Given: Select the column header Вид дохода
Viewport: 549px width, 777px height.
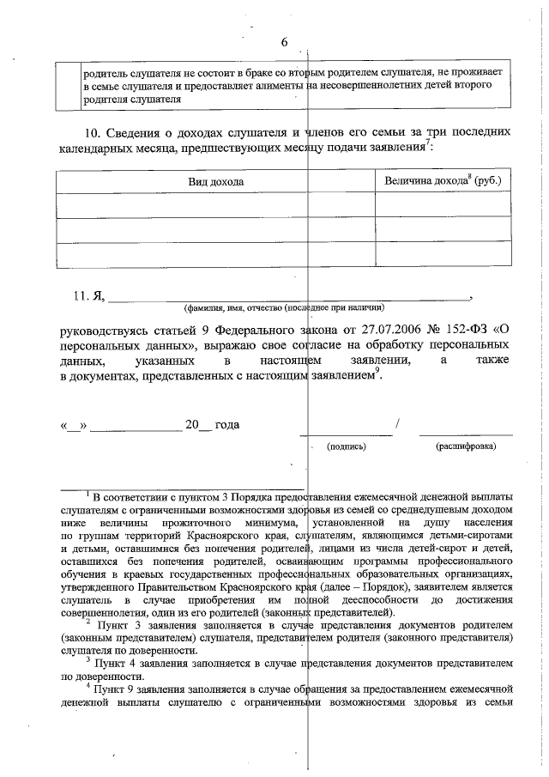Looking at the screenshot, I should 216,182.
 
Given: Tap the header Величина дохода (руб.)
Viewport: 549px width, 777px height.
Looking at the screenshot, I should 443,181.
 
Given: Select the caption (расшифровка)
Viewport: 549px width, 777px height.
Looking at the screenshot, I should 465,446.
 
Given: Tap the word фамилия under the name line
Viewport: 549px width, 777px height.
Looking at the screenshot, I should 203,307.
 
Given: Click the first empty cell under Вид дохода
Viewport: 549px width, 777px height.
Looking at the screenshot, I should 216,206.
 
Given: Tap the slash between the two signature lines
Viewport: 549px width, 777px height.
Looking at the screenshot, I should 397,424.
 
